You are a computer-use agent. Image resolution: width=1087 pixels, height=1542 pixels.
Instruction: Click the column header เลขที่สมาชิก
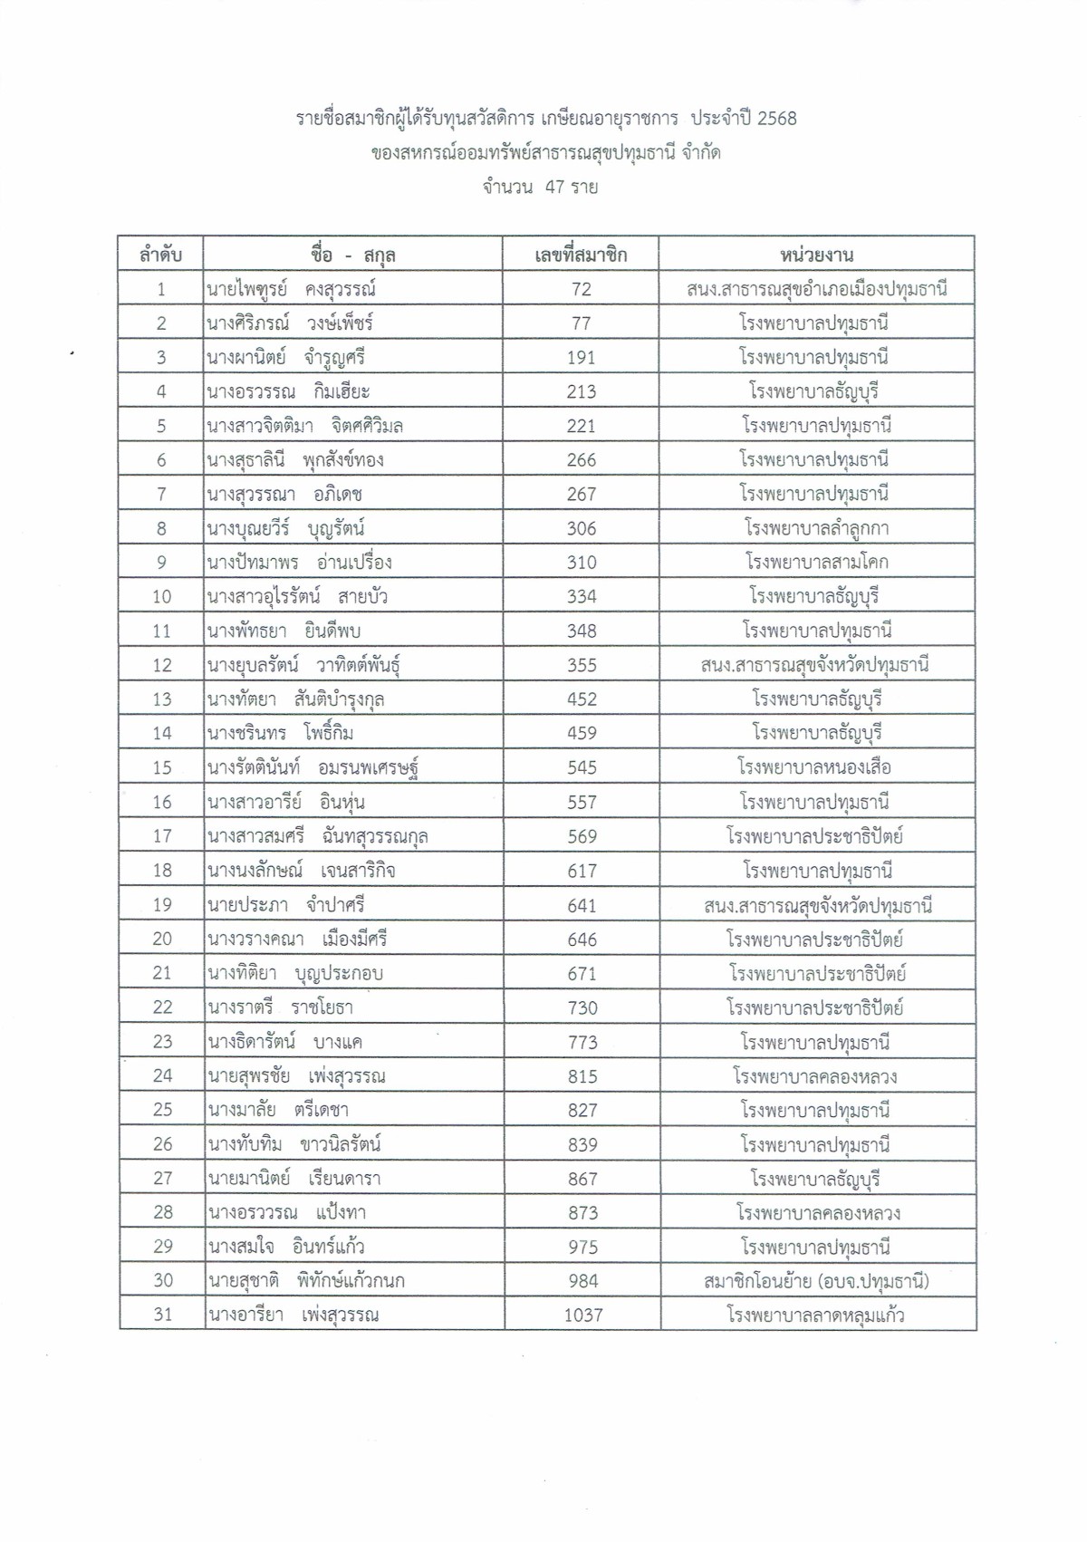coord(581,255)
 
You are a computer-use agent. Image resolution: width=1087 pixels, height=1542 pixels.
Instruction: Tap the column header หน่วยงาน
coord(816,255)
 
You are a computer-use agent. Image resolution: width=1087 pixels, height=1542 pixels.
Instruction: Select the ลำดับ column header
coord(160,255)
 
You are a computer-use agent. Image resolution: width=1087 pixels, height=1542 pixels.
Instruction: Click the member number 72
coord(581,289)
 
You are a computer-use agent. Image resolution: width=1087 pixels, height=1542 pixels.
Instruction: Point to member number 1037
coord(582,1315)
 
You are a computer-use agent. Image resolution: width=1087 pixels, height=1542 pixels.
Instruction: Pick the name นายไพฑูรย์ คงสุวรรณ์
coord(291,289)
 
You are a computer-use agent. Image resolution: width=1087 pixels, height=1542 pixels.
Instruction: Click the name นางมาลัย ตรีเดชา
coord(278,1110)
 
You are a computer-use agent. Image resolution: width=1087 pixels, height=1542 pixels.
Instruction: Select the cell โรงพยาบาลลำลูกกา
coord(816,528)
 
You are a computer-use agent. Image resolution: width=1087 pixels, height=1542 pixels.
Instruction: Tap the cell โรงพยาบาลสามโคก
coord(816,563)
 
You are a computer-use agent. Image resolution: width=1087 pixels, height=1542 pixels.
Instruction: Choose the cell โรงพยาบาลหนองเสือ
coord(814,767)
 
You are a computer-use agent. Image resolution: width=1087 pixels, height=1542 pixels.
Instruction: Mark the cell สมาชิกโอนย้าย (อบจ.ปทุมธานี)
coord(816,1281)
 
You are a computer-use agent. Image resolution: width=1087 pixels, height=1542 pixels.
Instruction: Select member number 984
coord(582,1281)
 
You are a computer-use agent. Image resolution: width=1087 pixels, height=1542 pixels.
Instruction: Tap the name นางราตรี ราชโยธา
coord(280,1007)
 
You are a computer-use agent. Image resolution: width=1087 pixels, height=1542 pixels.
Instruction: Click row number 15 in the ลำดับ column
coord(162,767)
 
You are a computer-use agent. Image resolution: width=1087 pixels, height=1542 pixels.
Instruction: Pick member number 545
coord(581,767)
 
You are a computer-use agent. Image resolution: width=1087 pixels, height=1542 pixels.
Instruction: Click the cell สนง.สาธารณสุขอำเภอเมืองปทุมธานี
coord(816,289)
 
